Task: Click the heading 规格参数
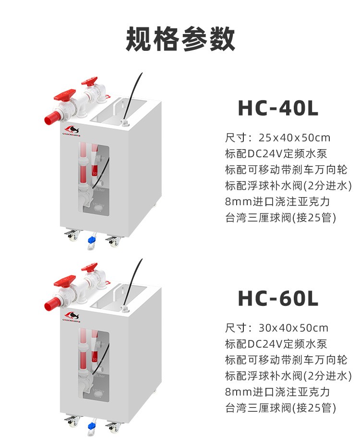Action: point(180,39)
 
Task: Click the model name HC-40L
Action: point(278,108)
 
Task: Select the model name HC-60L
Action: point(278,298)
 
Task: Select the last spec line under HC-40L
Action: point(280,217)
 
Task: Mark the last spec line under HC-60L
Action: point(280,408)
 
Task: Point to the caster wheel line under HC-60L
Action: point(286,360)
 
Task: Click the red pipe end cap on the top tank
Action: point(50,118)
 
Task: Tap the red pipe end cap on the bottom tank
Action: point(50,304)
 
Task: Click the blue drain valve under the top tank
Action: point(91,242)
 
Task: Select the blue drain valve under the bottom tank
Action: point(91,426)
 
